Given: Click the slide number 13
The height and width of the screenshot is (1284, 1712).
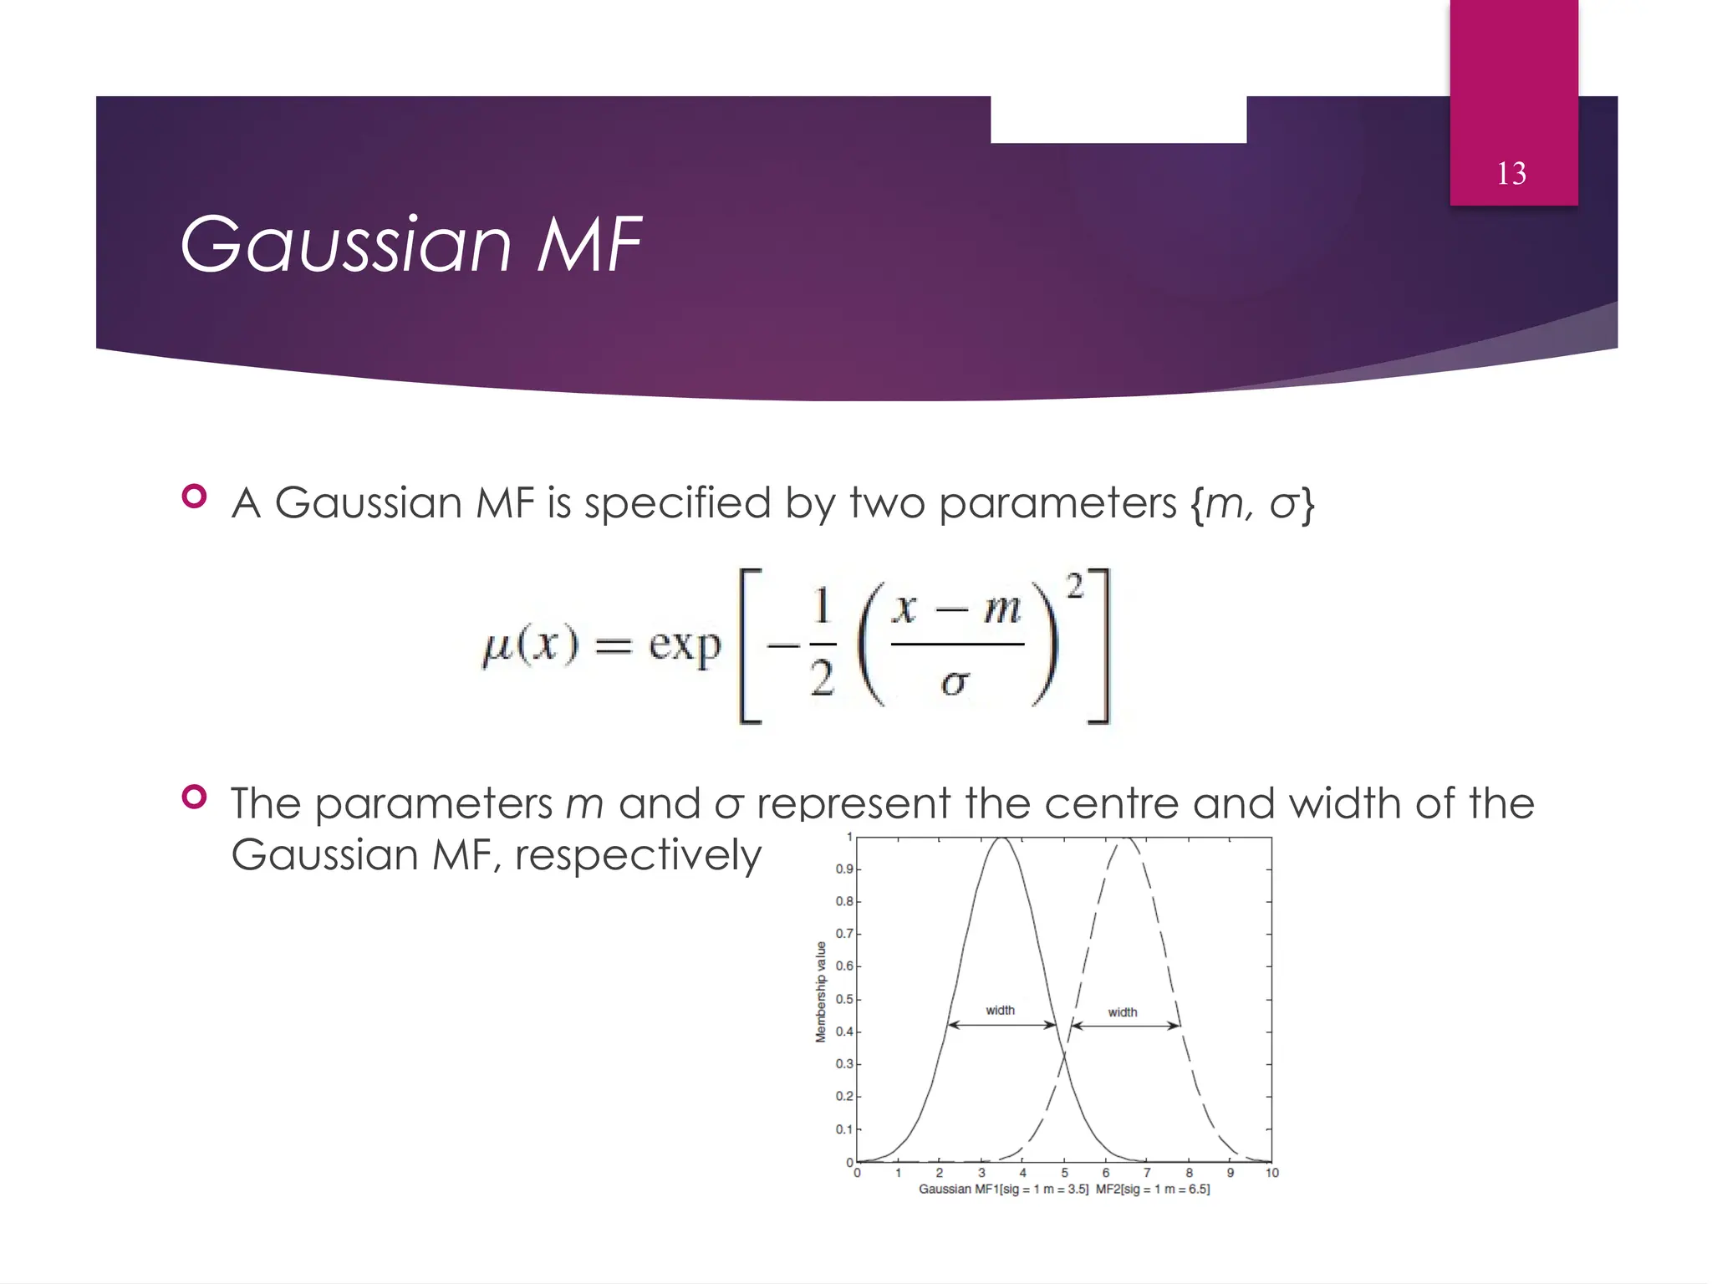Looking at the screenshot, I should tap(1511, 174).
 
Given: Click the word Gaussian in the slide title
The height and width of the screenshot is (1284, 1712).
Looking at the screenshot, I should tap(345, 244).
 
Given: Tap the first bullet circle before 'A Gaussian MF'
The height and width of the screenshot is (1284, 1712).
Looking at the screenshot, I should tap(194, 497).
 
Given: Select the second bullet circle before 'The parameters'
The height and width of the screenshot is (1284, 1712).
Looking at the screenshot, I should tap(194, 797).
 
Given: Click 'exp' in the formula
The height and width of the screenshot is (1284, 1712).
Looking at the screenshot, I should tap(685, 645).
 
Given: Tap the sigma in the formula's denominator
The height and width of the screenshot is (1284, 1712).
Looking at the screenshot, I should tap(955, 684).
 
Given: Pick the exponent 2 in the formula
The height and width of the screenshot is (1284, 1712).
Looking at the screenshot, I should tap(1075, 586).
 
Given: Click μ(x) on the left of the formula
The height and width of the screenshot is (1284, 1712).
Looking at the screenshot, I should tap(531, 645).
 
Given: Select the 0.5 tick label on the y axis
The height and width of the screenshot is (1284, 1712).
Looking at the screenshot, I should tap(843, 999).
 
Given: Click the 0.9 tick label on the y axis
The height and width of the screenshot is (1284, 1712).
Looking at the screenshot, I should tap(843, 869).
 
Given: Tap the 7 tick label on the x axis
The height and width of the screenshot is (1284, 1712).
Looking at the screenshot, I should tap(1147, 1173).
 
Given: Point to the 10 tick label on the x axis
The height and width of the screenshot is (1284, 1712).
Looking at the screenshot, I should tap(1271, 1173).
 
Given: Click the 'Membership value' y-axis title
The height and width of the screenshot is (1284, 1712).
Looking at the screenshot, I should tap(821, 992).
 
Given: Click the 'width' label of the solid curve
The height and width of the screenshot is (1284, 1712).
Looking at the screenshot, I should tap(1000, 1011).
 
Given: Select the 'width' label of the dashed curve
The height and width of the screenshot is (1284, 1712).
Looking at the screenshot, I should tap(1123, 1012).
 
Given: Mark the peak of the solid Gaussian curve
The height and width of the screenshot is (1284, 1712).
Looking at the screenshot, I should tap(1001, 838).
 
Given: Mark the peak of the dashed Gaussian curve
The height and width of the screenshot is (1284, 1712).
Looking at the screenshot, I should tap(1126, 838).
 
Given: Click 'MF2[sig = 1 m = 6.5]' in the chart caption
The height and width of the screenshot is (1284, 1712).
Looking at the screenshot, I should tap(1153, 1189).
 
